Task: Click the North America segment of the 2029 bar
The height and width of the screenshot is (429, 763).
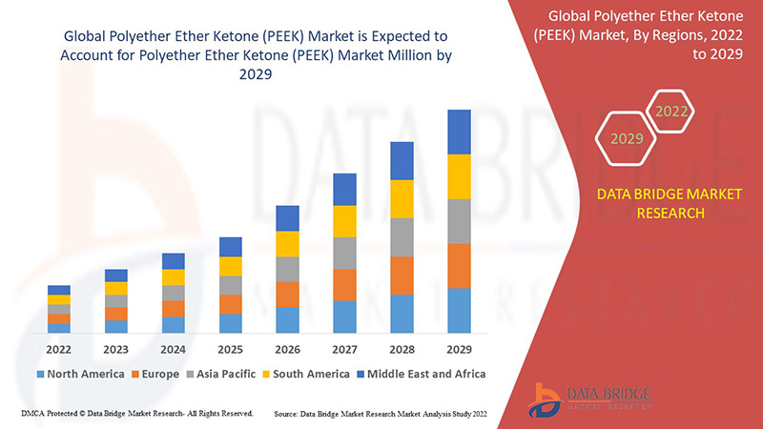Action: pyautogui.click(x=459, y=310)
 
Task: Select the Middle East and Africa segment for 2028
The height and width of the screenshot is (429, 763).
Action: pyautogui.click(x=402, y=160)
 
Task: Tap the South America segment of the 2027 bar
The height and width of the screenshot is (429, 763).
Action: pyautogui.click(x=344, y=221)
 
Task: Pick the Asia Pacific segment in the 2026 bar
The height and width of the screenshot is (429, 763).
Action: pyautogui.click(x=287, y=269)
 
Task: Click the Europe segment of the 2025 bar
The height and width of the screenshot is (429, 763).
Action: pyautogui.click(x=230, y=304)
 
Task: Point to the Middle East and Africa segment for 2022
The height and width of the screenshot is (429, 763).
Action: pyautogui.click(x=59, y=290)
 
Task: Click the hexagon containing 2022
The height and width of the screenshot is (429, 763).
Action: pyautogui.click(x=670, y=112)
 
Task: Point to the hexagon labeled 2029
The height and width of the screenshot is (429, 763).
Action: pyautogui.click(x=627, y=139)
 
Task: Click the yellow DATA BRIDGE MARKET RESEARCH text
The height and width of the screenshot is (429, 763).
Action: pyautogui.click(x=655, y=204)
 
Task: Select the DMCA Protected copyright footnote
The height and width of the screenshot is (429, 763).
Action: pyautogui.click(x=136, y=414)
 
